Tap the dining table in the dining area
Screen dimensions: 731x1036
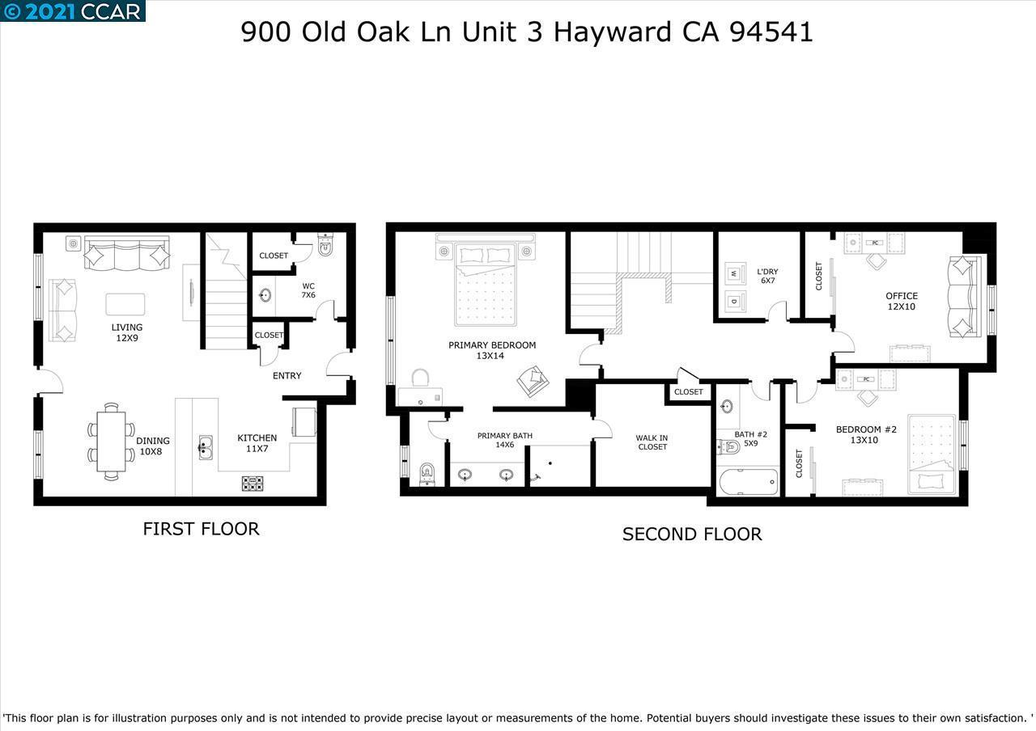point(112,442)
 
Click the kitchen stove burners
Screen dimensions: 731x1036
point(253,484)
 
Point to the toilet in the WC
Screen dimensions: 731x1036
point(325,247)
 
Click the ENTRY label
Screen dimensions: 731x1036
point(287,375)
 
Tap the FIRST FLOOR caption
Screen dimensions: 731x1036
point(201,529)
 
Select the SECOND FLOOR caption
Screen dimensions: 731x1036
point(692,535)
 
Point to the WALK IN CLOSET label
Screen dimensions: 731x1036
point(652,442)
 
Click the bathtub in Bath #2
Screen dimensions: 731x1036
point(748,483)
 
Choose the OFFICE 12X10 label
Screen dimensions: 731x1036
point(901,301)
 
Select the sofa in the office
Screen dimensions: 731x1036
point(964,296)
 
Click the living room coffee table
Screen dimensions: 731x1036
point(125,304)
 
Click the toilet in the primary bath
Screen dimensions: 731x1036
point(427,474)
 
